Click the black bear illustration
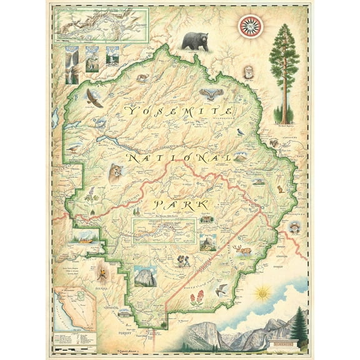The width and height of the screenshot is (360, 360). click(x=195, y=41)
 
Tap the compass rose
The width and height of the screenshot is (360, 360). click(x=251, y=25)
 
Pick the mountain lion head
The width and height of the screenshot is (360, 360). click(x=116, y=173)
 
